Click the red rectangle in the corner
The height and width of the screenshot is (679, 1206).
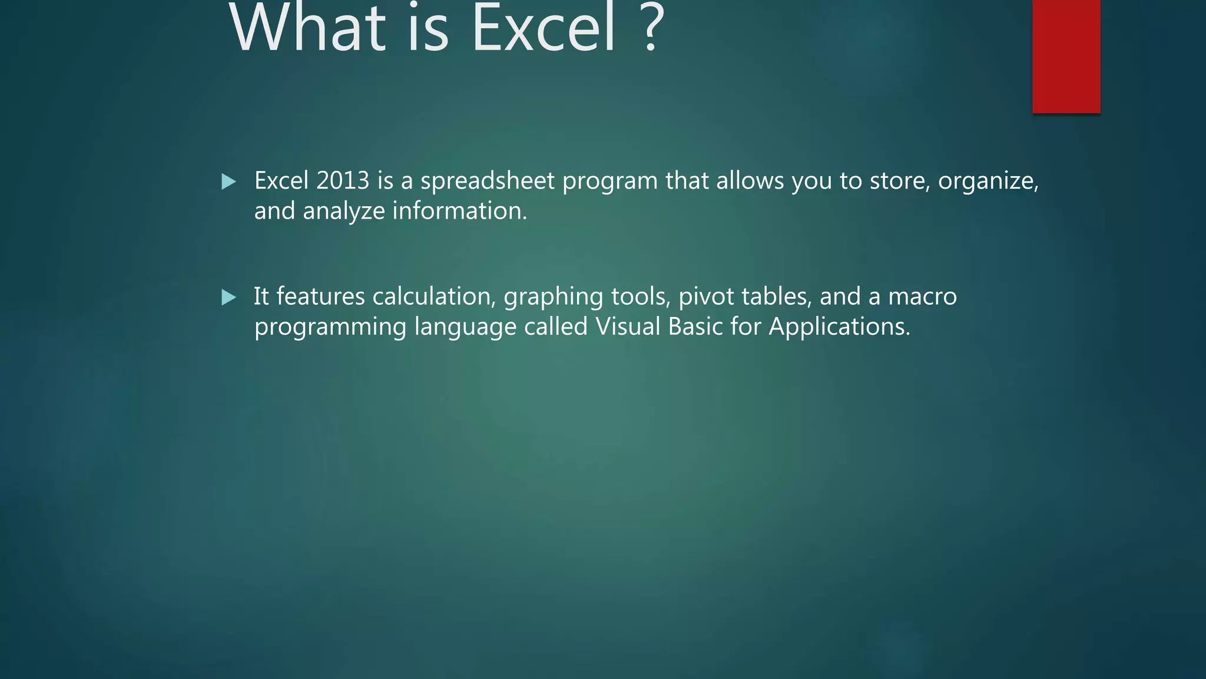click(x=1066, y=56)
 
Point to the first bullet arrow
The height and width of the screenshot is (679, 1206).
click(x=228, y=182)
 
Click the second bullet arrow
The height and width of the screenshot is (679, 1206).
click(x=228, y=298)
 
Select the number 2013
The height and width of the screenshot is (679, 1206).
click(x=343, y=180)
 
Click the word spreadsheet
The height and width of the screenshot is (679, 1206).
click(x=488, y=181)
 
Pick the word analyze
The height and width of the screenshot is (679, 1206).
click(x=343, y=211)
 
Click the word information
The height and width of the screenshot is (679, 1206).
click(x=459, y=210)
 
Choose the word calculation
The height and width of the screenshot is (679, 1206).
click(x=433, y=296)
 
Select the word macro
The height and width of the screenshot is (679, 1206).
click(x=922, y=296)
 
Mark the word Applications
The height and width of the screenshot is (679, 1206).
click(x=839, y=327)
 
